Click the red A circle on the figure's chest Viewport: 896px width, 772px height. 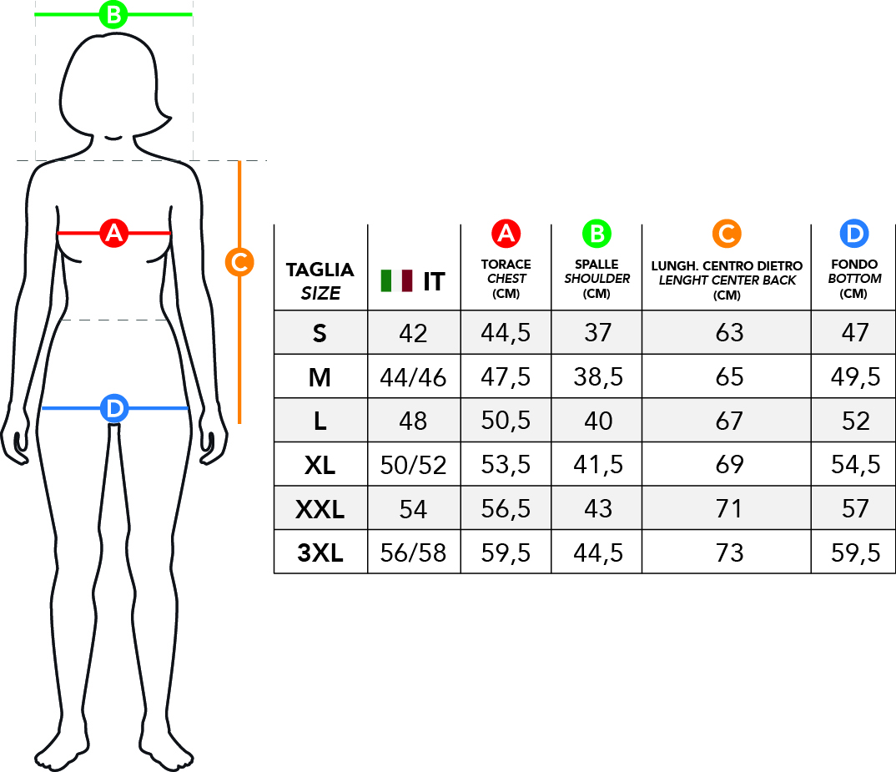point(113,233)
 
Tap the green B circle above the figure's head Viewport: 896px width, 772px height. point(113,14)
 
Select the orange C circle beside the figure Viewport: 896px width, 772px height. point(239,262)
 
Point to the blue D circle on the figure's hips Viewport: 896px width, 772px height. point(114,408)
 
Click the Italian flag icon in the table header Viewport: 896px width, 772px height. point(396,280)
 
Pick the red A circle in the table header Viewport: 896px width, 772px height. point(506,234)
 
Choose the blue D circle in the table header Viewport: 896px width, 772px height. point(854,234)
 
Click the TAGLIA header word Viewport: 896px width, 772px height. point(320,270)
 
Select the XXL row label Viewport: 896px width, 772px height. point(320,509)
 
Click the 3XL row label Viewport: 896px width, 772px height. point(320,553)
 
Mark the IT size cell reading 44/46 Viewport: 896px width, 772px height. point(413,377)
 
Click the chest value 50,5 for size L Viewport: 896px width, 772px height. point(506,421)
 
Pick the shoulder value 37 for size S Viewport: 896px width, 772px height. point(597,333)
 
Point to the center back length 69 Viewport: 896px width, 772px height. point(729,465)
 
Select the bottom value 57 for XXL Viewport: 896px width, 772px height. point(855,509)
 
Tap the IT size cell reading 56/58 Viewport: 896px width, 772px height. point(413,553)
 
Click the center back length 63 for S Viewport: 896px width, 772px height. point(729,333)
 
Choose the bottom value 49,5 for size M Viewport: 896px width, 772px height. point(855,377)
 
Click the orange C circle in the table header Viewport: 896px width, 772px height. point(727,234)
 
